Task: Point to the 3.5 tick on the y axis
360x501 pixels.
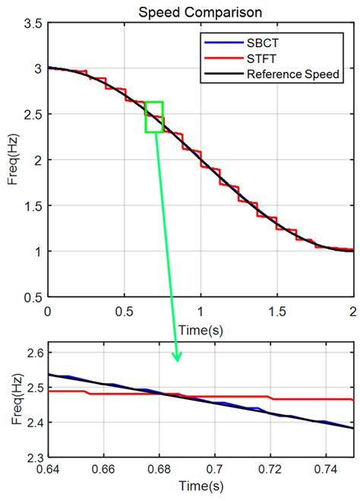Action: (x=31, y=25)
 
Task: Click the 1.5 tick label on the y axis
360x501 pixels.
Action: (x=31, y=206)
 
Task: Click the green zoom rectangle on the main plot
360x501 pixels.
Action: (x=154, y=117)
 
